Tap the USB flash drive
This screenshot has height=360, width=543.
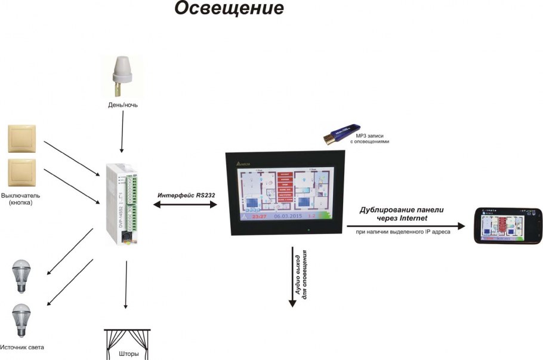341,133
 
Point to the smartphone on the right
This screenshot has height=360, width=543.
507,226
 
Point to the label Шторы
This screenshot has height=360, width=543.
129,354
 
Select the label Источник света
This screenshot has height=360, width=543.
22,347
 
